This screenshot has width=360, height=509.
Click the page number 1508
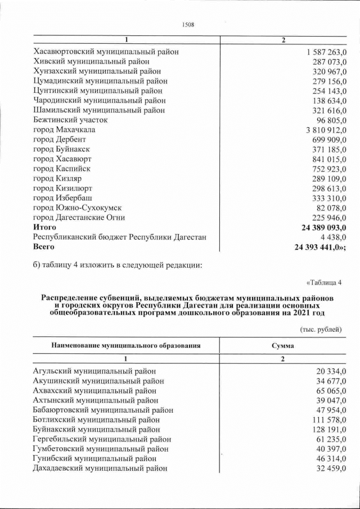click(x=187, y=24)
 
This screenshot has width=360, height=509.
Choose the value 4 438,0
click(x=331, y=237)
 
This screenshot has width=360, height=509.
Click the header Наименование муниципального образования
click(x=126, y=345)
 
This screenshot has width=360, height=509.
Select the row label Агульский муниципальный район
click(x=94, y=371)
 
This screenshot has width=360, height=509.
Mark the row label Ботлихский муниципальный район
click(x=96, y=420)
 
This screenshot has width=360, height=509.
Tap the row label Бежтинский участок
click(x=70, y=120)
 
